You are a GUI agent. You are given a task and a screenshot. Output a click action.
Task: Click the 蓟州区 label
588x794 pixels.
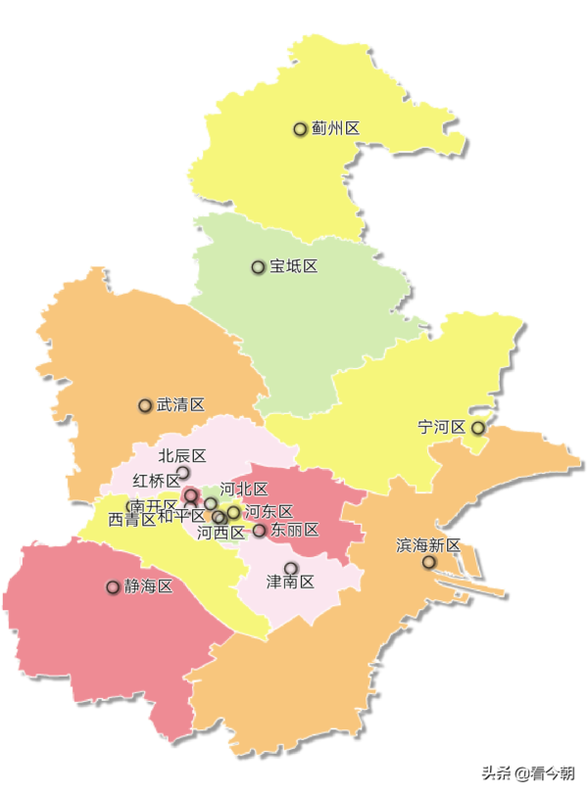coord(335,128)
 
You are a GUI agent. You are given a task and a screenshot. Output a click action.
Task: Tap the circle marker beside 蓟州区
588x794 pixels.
coord(301,128)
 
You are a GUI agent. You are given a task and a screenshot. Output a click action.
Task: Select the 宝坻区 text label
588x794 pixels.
coord(293,266)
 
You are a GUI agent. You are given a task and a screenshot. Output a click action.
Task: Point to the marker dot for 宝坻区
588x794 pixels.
coord(258,266)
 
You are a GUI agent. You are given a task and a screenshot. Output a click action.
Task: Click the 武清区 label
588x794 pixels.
coord(180,404)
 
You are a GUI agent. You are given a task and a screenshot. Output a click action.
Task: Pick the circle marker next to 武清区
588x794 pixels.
coord(145,405)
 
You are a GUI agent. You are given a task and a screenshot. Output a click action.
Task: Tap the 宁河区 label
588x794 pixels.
coord(441,427)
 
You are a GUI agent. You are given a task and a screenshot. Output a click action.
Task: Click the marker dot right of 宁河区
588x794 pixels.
coord(478,428)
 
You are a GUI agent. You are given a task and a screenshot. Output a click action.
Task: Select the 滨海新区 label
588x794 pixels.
coord(428,544)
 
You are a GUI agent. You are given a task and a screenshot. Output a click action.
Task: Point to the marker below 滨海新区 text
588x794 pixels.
coord(428,562)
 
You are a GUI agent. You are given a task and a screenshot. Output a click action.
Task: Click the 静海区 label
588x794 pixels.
coord(148,586)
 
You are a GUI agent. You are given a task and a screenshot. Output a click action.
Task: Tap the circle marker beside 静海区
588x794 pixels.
coord(113,587)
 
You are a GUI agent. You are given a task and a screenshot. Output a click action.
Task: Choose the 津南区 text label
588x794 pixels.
coord(290,583)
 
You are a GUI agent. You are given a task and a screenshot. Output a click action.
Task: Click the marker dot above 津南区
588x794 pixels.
coord(290,568)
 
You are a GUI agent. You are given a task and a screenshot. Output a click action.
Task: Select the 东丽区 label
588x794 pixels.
coord(295,530)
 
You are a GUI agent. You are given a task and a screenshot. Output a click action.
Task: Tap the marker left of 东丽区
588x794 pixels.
coord(260,531)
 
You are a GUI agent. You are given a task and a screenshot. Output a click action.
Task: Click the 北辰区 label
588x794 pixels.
coord(182,455)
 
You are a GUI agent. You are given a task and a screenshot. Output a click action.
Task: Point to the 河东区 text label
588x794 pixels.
coord(269,511)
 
